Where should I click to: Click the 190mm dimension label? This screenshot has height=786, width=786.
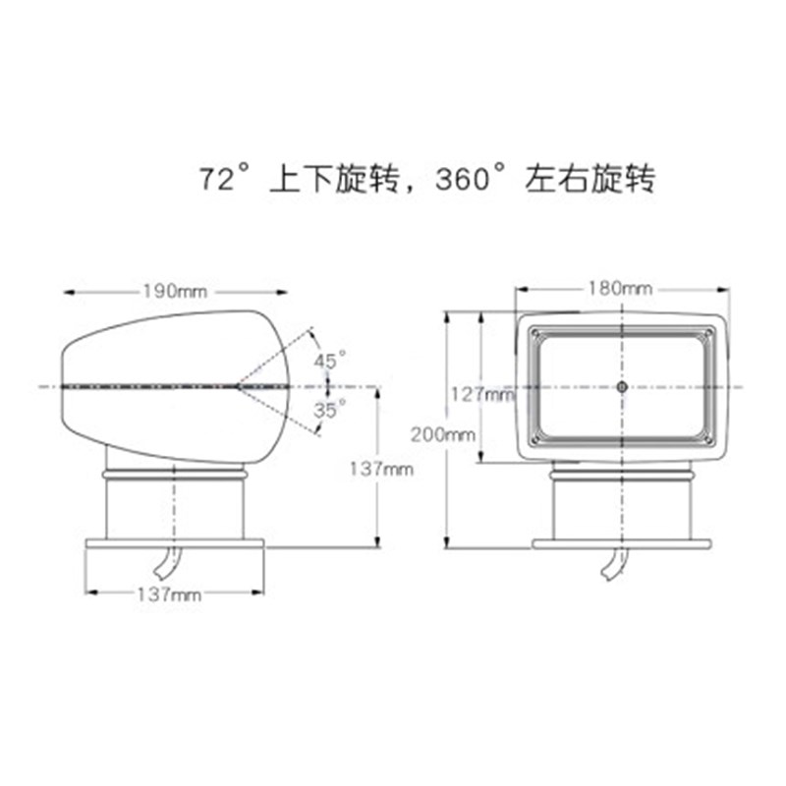click(175, 291)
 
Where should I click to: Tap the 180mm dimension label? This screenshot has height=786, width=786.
click(621, 288)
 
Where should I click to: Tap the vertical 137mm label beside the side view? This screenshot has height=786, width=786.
click(380, 470)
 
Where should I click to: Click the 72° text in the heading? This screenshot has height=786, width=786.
click(221, 180)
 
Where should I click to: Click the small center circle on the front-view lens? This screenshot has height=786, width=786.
click(621, 387)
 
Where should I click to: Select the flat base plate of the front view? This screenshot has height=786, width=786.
click(621, 543)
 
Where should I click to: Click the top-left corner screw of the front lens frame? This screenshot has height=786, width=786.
click(535, 334)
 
